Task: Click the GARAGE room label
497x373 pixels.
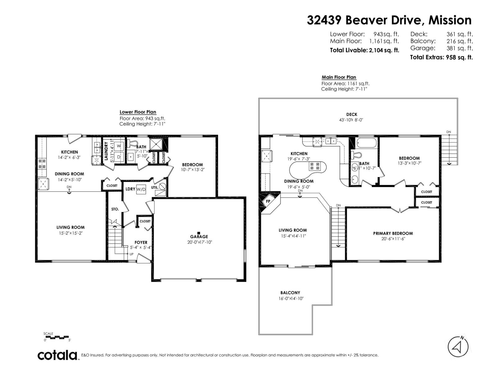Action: click(199, 237)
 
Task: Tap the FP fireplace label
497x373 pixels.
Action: click(268, 201)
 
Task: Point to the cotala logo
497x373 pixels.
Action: click(58, 355)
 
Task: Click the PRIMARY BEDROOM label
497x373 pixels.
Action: click(393, 233)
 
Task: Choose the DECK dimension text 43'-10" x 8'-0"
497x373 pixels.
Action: click(351, 120)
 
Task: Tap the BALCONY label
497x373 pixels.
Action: click(290, 292)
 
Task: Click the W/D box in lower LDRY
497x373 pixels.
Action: click(141, 189)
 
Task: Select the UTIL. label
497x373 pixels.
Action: click(155, 187)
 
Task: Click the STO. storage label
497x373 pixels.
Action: click(115, 209)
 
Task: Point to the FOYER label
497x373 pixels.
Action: click(141, 242)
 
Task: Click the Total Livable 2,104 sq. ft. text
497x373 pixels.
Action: click(364, 50)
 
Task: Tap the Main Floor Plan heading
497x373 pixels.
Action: click(339, 77)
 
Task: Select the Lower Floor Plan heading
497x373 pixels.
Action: click(138, 112)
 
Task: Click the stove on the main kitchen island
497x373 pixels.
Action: click(313, 166)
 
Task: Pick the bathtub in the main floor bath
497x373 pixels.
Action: click(367, 144)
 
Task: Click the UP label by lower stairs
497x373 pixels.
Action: click(131, 254)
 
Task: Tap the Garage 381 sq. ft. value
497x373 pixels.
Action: click(459, 48)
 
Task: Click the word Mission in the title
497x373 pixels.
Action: click(450, 20)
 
